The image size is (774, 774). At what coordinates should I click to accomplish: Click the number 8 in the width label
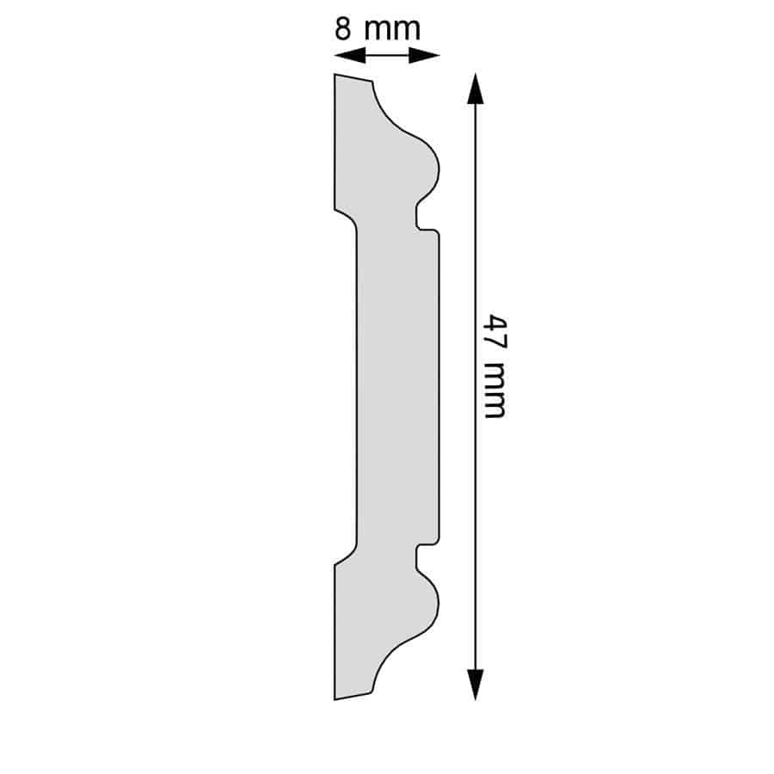click(x=342, y=28)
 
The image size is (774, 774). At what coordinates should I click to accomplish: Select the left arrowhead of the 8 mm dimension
click(x=350, y=55)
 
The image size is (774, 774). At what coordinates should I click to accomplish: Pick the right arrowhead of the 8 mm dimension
click(x=424, y=55)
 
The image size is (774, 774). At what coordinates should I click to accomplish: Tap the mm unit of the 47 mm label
click(x=494, y=390)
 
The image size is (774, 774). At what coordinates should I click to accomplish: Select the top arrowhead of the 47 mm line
click(x=476, y=89)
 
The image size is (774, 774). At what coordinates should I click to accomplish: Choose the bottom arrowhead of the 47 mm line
click(x=476, y=685)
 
